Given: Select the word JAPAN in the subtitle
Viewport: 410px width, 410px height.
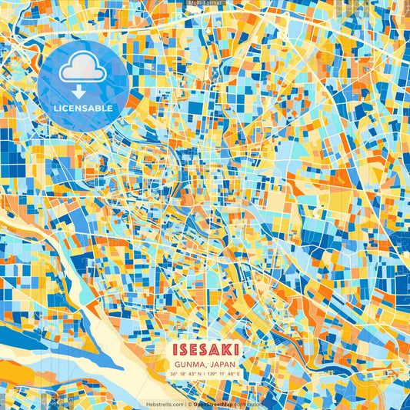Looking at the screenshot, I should click(x=222, y=363).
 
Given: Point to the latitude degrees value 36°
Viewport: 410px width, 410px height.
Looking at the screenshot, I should click(x=176, y=374).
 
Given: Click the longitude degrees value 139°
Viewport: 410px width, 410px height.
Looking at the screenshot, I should click(x=212, y=374).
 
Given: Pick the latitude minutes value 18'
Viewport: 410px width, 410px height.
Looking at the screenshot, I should click(x=185, y=374).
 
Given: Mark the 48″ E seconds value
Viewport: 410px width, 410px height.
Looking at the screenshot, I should click(x=234, y=374).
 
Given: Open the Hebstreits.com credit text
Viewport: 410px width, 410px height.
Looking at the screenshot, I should click(x=165, y=404).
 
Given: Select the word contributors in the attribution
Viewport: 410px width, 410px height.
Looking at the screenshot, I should click(x=249, y=404).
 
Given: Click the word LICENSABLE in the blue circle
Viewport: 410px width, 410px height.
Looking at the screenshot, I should click(x=84, y=108).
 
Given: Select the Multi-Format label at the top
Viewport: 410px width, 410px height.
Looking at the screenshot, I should click(x=205, y=4).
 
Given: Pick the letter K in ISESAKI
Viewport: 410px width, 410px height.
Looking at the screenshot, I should click(x=226, y=350).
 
